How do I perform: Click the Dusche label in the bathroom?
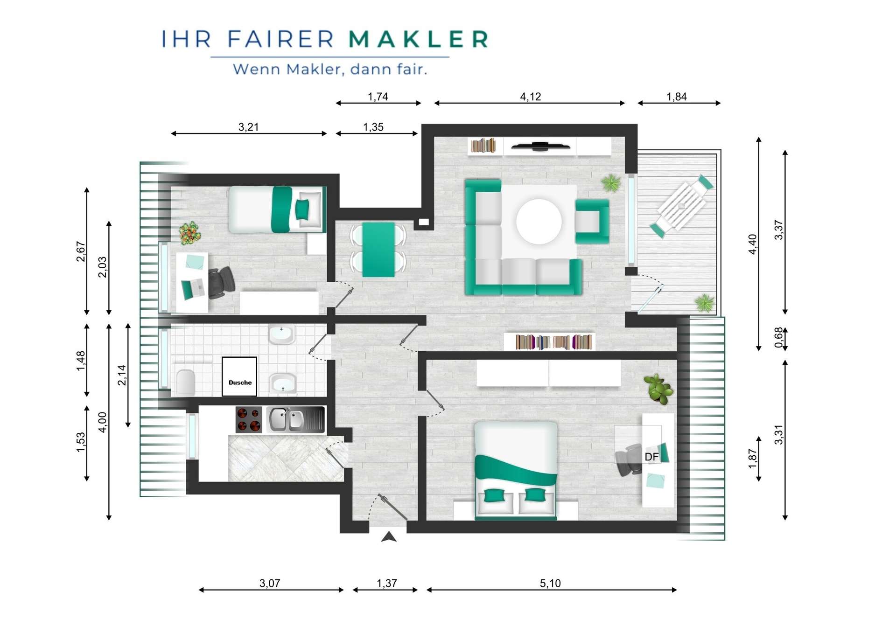click(240, 383)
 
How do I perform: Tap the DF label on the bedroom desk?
click(651, 457)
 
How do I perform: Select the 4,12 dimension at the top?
click(531, 97)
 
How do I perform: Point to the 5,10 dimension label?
click(550, 583)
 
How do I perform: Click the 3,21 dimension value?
click(248, 127)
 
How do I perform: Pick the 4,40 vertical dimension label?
click(752, 244)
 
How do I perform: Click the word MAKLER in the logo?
click(419, 39)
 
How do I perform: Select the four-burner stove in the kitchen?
click(249, 419)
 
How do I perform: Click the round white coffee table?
click(539, 222)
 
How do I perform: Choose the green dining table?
click(378, 250)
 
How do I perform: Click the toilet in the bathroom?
click(186, 383)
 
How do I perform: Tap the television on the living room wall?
click(540, 146)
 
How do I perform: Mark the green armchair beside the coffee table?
click(592, 222)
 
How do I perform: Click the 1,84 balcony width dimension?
click(676, 97)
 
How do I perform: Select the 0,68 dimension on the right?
click(778, 338)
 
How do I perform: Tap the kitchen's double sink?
click(295, 419)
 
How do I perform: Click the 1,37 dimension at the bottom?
click(387, 583)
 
